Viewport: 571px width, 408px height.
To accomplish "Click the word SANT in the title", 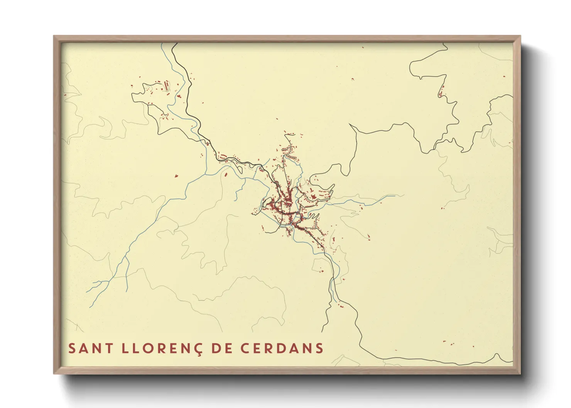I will point(91,348).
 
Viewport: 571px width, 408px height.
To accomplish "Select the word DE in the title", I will point(222,348).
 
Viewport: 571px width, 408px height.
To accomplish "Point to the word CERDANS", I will point(282,348).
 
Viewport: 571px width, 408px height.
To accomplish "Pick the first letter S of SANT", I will point(72,348).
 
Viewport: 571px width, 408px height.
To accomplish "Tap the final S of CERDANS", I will point(319,348).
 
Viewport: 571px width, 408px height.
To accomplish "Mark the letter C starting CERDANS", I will point(245,348).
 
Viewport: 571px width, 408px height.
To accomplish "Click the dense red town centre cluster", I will point(287,202).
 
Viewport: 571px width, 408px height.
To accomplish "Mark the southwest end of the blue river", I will point(90,307).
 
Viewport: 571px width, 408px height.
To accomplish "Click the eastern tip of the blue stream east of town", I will point(394,196).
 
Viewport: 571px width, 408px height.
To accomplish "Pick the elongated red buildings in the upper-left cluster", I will point(167,85).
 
